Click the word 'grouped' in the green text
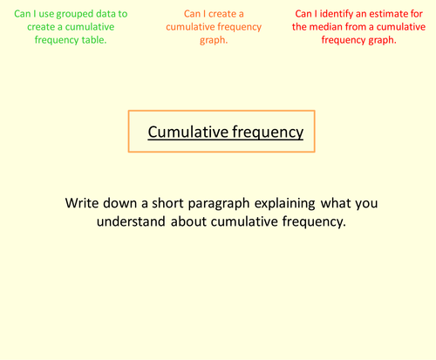click(75, 14)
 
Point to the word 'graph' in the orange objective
click(215, 40)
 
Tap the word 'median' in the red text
click(327, 27)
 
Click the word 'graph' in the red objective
click(378, 40)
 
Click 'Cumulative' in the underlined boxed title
click(187, 132)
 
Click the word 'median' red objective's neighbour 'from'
click(360, 27)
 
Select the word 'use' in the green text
click(44, 14)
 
